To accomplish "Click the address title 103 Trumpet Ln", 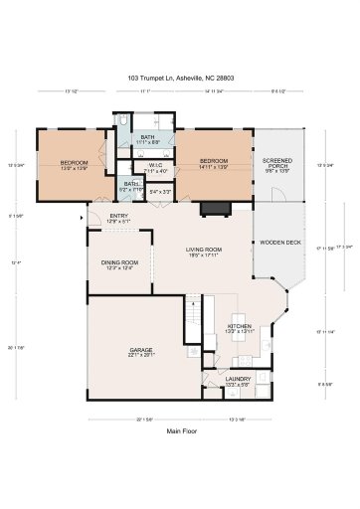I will click(179, 77).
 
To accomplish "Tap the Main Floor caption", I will click(179, 430).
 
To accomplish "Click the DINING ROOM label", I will click(119, 261).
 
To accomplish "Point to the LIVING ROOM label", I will click(204, 250).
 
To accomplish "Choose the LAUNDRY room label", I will click(238, 378).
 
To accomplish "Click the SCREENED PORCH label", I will click(276, 163).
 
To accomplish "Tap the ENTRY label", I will click(119, 216).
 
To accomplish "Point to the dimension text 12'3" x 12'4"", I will click(119, 267).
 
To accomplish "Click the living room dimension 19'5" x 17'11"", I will click(204, 255).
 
